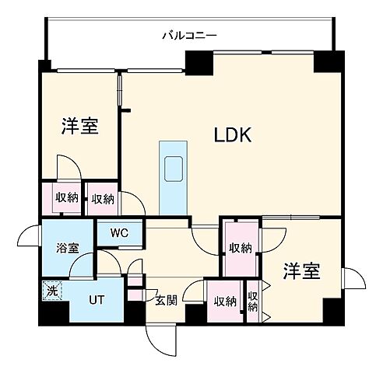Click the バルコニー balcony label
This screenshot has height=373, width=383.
pyautogui.click(x=188, y=34)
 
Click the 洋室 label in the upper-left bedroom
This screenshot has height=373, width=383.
pyautogui.click(x=79, y=126)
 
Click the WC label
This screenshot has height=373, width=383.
pyautogui.click(x=119, y=232)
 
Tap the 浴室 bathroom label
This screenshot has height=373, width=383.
pyautogui.click(x=67, y=249)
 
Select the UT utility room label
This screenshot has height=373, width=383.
pyautogui.click(x=96, y=299)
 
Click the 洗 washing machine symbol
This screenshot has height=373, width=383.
pyautogui.click(x=51, y=292)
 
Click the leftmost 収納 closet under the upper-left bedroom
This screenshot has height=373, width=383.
pyautogui.click(x=66, y=198)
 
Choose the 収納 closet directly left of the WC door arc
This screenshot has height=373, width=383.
pyautogui.click(x=102, y=198)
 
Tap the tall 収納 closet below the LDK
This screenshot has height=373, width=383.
pyautogui.click(x=241, y=248)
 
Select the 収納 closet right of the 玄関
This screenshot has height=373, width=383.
pyautogui.click(x=225, y=301)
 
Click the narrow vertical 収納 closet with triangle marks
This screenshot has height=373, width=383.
pyautogui.click(x=253, y=301)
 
